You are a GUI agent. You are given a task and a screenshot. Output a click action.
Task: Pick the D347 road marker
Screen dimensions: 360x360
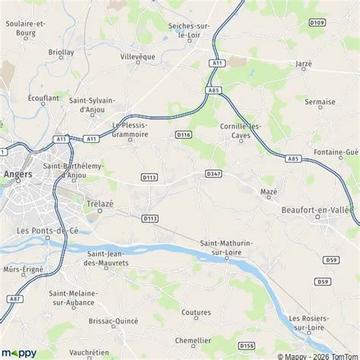pyautogui.click(x=213, y=174)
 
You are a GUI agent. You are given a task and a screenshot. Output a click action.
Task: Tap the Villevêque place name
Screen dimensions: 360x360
pyautogui.click(x=137, y=56)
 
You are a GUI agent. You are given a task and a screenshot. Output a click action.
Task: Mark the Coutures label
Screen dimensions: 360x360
pyautogui.click(x=196, y=312)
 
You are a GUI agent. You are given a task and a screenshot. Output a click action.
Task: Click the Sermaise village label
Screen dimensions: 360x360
pyautogui.click(x=319, y=101)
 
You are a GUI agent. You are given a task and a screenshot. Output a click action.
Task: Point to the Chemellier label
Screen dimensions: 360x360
pyautogui.click(x=192, y=340)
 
